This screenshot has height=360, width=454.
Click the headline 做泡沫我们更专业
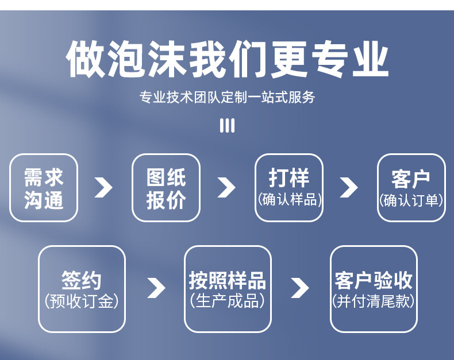tap(227, 59)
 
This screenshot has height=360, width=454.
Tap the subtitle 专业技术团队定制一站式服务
tap(227, 97)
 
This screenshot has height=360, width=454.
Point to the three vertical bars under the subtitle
tap(227, 126)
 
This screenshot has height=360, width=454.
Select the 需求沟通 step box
tap(44, 188)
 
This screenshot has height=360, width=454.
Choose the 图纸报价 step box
tap(166, 188)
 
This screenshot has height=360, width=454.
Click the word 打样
tap(288, 178)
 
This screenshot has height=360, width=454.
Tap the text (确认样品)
tap(288, 200)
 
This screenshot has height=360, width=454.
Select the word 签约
tap(82, 281)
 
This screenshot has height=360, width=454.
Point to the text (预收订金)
tap(82, 301)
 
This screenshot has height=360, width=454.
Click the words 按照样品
tap(228, 281)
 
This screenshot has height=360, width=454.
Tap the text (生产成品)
tap(228, 301)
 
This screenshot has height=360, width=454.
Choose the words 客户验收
tap(374, 281)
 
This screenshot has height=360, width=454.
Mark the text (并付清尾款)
tap(374, 301)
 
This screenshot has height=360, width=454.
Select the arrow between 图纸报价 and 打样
tap(226, 188)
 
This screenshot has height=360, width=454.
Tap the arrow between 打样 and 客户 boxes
tap(349, 188)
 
